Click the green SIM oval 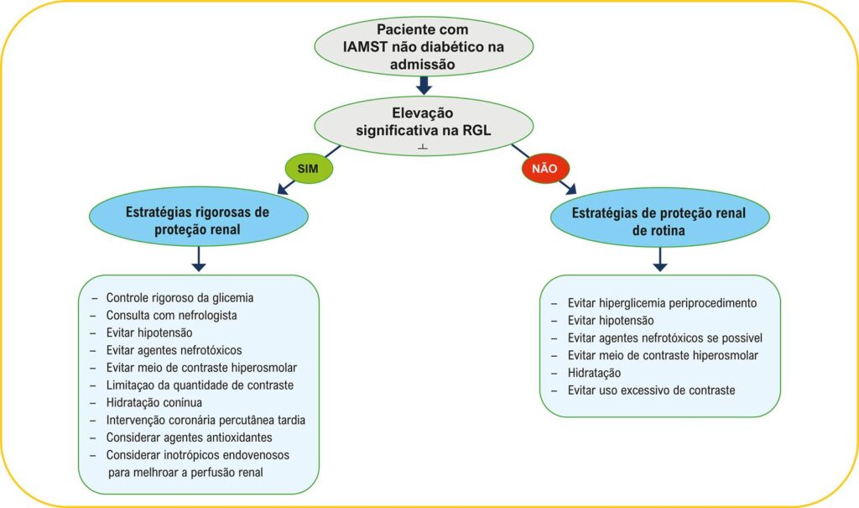pyautogui.click(x=309, y=168)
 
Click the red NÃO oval pyautogui.click(x=545, y=168)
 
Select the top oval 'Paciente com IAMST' pyautogui.click(x=424, y=47)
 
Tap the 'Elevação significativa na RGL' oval pyautogui.click(x=424, y=126)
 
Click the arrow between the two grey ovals pyautogui.click(x=424, y=86)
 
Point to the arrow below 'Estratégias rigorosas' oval pyautogui.click(x=199, y=259)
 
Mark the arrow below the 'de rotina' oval pyautogui.click(x=660, y=259)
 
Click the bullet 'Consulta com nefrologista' pyautogui.click(x=171, y=316)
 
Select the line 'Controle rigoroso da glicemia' pyautogui.click(x=180, y=298)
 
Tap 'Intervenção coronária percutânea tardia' pyautogui.click(x=206, y=420)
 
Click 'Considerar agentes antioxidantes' pyautogui.click(x=189, y=437)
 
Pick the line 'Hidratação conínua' pyautogui.click(x=154, y=403)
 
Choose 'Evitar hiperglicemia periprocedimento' pyautogui.click(x=662, y=303)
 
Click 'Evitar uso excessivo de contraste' pyautogui.click(x=651, y=390)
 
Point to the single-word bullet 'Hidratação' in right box pyautogui.click(x=595, y=373)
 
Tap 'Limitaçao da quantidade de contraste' pyautogui.click(x=200, y=385)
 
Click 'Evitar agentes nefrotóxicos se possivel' pyautogui.click(x=665, y=338)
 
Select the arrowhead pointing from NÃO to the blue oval pyautogui.click(x=570, y=188)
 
